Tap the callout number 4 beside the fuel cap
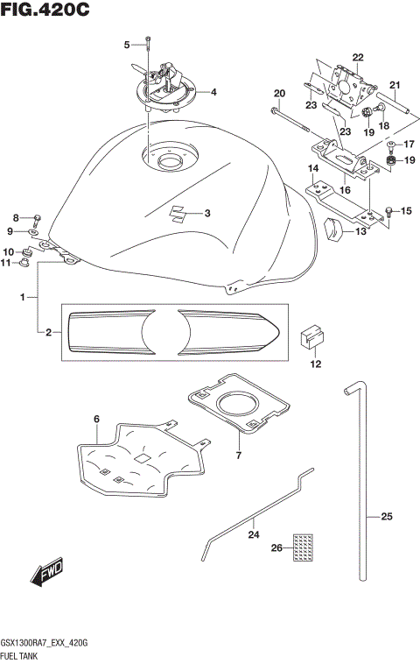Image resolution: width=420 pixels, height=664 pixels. click(213, 92)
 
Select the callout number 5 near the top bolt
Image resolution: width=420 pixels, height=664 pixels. click(126, 44)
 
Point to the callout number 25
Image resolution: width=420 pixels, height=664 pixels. click(386, 517)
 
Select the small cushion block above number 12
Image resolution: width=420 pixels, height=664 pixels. click(314, 336)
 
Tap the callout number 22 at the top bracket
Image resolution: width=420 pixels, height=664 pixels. click(357, 58)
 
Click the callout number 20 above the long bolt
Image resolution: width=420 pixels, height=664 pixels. click(280, 94)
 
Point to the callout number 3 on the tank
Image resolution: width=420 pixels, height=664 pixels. click(207, 213)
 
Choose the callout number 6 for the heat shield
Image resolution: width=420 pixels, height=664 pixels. click(97, 420)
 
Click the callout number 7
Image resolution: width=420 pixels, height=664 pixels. click(238, 455)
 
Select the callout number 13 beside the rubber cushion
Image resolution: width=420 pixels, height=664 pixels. click(360, 231)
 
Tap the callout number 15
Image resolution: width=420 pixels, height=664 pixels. click(405, 211)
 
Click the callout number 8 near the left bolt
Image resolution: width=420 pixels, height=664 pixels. click(15, 217)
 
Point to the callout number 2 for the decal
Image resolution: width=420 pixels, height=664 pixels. click(49, 332)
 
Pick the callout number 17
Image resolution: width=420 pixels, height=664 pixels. click(409, 144)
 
